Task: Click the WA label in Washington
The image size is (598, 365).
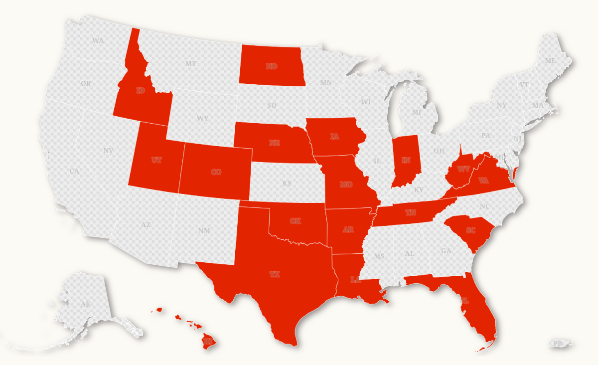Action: coord(98,40)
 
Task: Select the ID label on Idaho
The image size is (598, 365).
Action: coord(141,90)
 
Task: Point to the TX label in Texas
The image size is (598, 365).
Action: coord(275,274)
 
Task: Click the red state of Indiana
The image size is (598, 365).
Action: coord(406,160)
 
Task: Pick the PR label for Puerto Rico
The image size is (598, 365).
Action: coord(556,344)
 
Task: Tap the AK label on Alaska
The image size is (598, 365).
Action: coord(86,304)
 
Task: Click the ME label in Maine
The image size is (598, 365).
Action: coord(550,60)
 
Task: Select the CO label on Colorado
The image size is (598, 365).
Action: coord(216,172)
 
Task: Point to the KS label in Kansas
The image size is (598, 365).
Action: coord(287,183)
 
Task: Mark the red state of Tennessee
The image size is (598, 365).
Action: coord(411,213)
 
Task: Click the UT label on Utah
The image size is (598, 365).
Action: coord(156,160)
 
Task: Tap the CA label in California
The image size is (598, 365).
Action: coord(74,171)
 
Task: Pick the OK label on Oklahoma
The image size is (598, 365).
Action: coord(296,221)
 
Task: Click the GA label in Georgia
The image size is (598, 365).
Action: coord(446,251)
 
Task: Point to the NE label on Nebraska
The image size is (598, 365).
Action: coord(274,143)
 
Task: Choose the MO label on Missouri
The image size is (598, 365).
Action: coord(346,184)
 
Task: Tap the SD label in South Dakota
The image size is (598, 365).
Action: coord(272,105)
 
